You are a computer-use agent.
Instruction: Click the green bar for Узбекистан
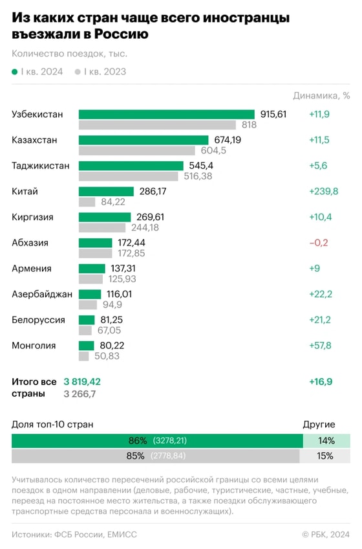click(x=167, y=115)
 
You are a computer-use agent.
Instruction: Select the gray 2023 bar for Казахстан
click(x=136, y=151)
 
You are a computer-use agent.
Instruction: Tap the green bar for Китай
click(x=106, y=192)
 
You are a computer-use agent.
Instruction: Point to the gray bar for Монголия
click(x=84, y=356)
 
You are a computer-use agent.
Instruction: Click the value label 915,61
click(x=273, y=115)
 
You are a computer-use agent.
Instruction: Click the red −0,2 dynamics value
click(x=319, y=243)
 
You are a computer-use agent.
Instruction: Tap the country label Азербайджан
click(x=42, y=294)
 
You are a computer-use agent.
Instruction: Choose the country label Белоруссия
click(x=38, y=320)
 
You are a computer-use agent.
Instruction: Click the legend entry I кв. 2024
click(x=37, y=72)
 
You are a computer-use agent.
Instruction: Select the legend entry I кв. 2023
click(x=101, y=72)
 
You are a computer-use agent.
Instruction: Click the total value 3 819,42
click(x=91, y=381)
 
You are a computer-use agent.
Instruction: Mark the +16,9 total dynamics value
click(x=321, y=381)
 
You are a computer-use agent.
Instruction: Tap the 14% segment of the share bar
click(x=326, y=441)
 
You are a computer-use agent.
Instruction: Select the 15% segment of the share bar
click(x=325, y=456)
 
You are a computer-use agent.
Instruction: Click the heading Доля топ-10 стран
click(x=52, y=425)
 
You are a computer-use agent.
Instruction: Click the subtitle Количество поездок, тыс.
click(x=69, y=54)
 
